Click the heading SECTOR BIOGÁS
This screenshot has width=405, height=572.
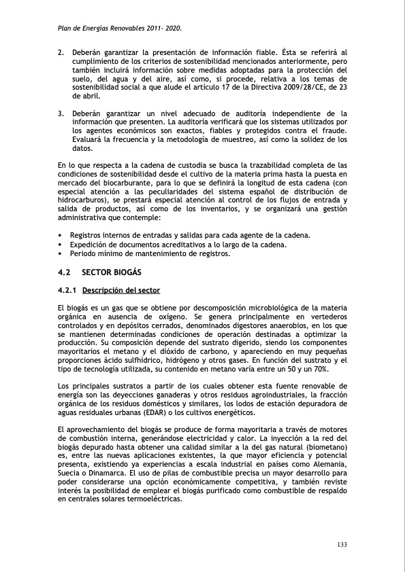(110, 272)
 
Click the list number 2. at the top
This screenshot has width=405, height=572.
(61, 52)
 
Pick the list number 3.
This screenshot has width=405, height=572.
(61, 113)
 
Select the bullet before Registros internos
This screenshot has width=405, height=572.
(61, 235)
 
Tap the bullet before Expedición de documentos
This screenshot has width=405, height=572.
(61, 245)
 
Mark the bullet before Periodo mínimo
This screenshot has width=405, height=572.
(61, 254)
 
